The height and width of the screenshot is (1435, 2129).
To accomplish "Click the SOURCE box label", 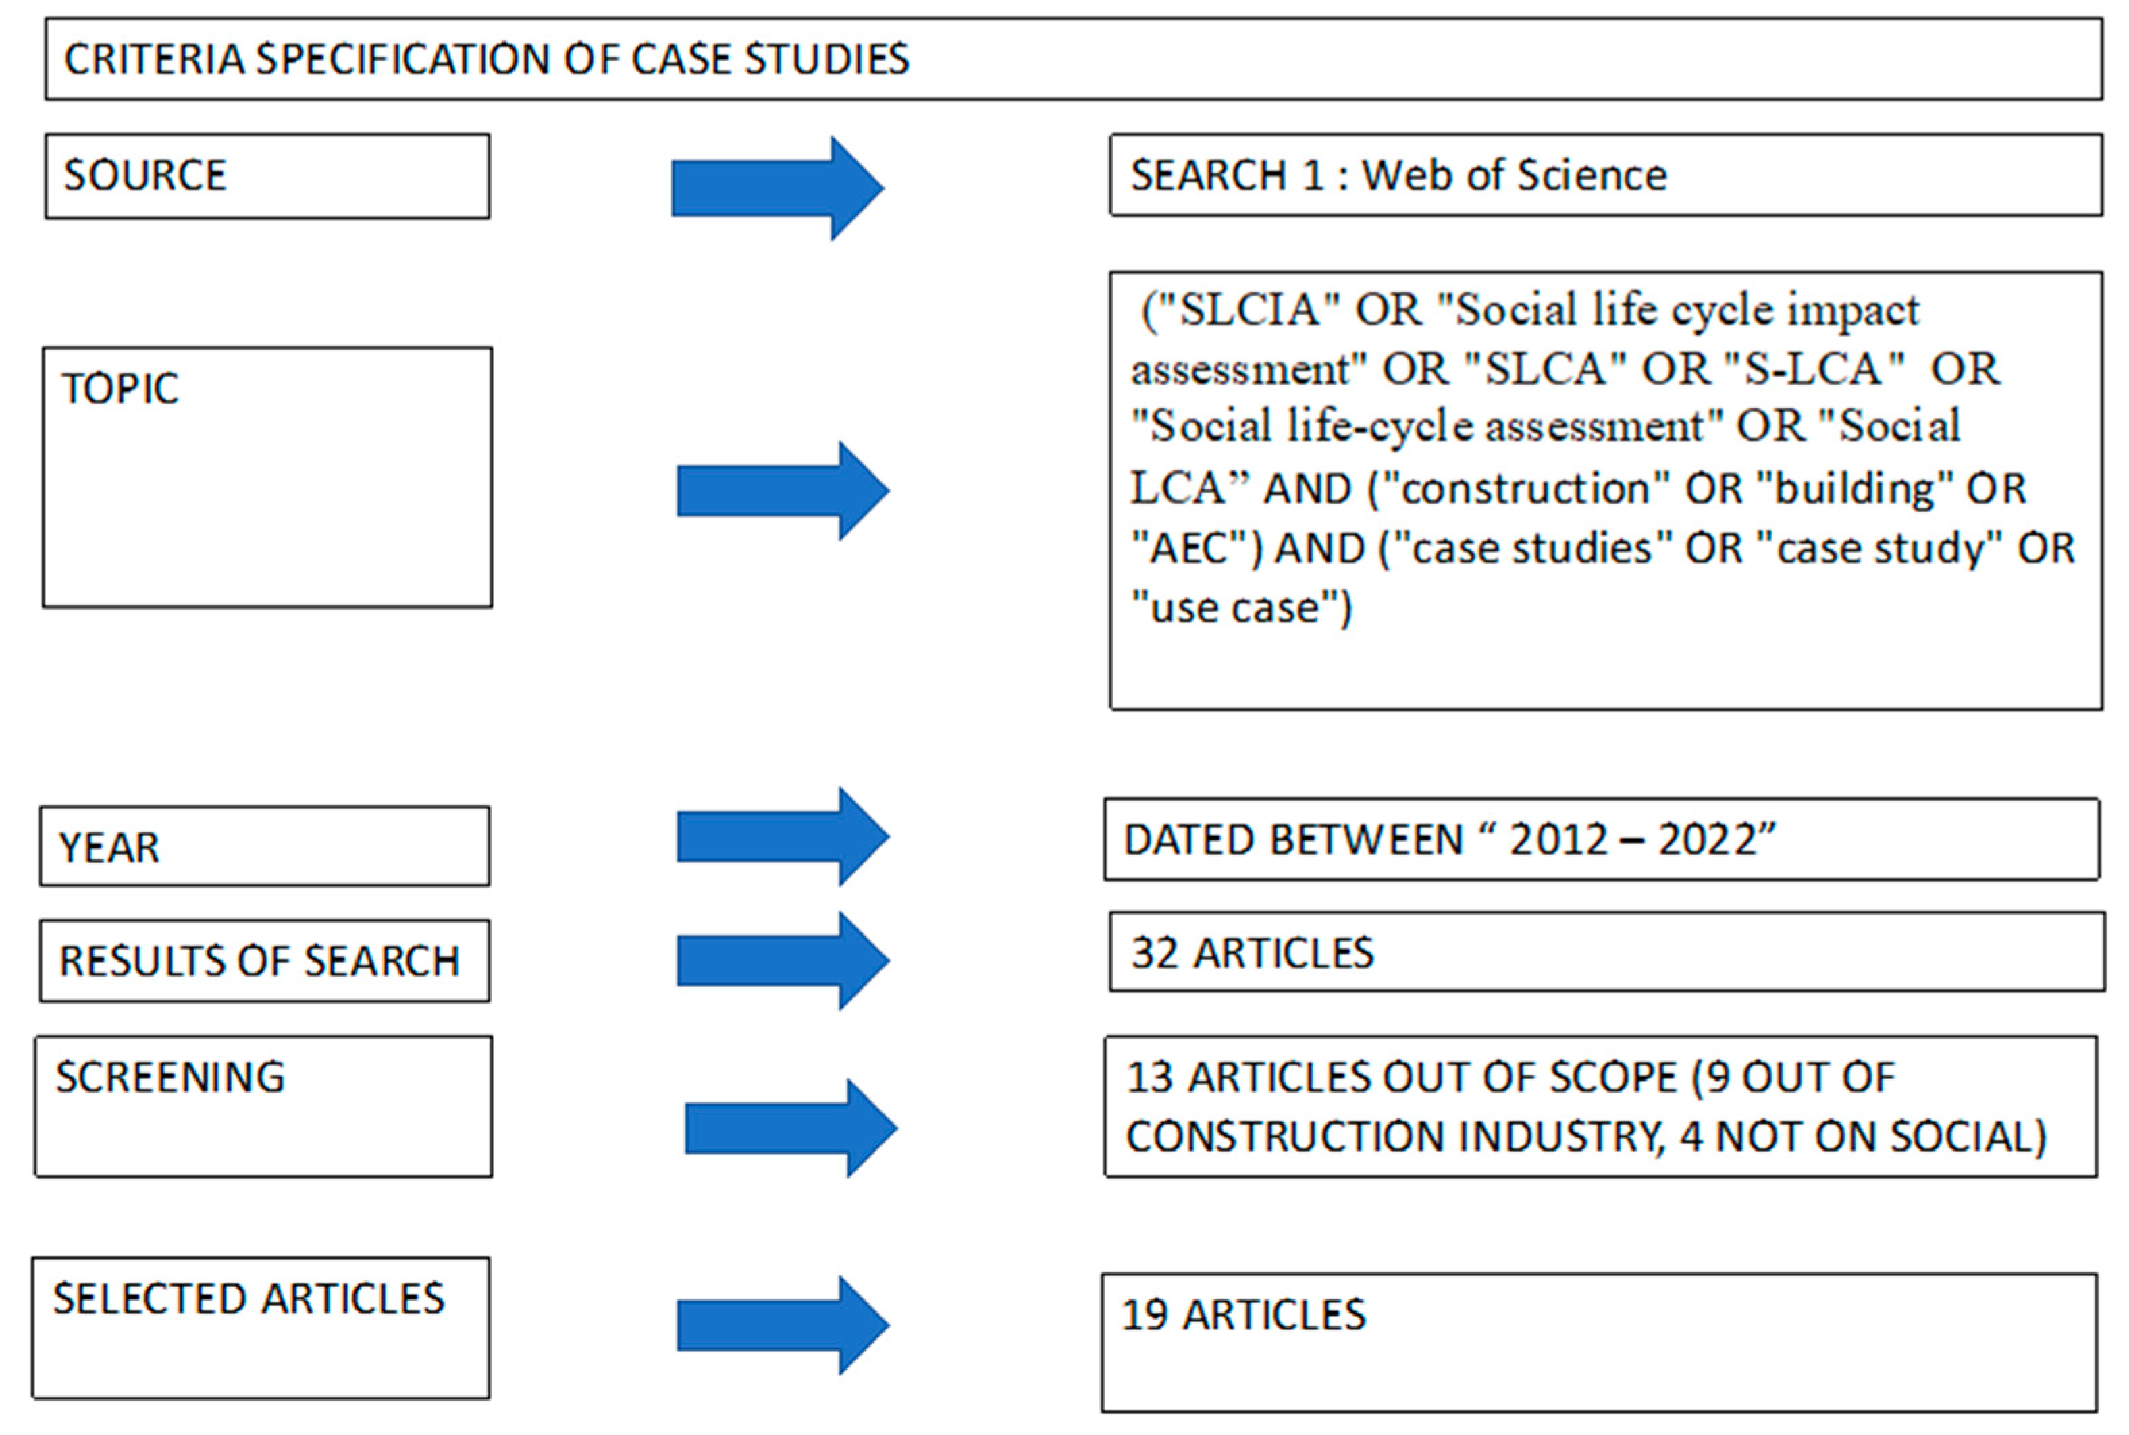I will click(144, 175).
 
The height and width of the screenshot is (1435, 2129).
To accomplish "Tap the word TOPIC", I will click(120, 389).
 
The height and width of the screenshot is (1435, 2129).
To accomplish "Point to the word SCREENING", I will click(170, 1077).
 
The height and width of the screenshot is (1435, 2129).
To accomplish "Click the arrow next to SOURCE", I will click(777, 188).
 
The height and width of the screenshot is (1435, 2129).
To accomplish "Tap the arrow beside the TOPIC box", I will click(782, 491).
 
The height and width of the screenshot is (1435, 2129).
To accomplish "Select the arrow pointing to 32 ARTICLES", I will click(782, 961).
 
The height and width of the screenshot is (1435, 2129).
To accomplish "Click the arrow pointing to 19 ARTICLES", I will click(782, 1325).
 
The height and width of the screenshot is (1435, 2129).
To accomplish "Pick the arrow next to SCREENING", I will click(790, 1129).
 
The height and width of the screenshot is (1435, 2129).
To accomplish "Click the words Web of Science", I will click(1514, 175).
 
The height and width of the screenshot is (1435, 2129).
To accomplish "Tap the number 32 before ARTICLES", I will click(1153, 954).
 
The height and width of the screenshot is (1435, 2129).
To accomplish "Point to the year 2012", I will click(1558, 840).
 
